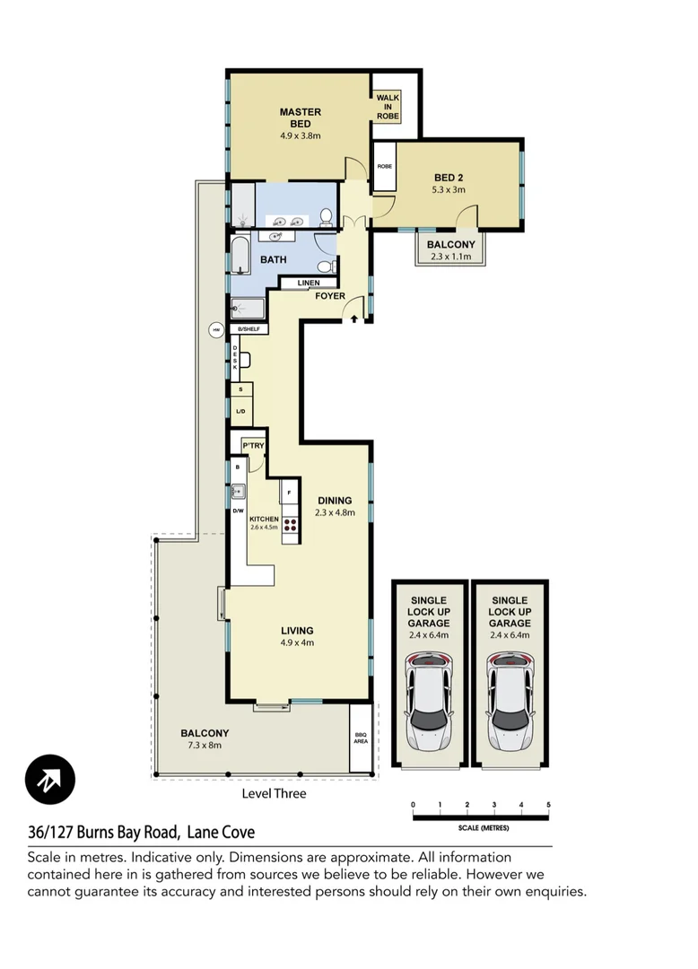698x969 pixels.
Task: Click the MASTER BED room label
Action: coord(300,118)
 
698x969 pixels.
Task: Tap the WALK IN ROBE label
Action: coord(387,107)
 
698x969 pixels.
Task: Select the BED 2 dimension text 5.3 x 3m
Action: coord(449,190)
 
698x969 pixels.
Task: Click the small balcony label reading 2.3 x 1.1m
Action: coord(450,258)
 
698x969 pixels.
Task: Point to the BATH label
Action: coord(274,260)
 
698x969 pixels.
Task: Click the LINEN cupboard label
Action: coord(309,284)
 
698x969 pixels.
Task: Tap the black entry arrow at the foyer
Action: coord(355,319)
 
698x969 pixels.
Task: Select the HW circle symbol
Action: coord(215,330)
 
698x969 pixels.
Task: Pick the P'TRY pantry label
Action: coord(252,446)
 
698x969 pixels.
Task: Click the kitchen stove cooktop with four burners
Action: coord(291,525)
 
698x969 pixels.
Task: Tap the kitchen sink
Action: coord(239,491)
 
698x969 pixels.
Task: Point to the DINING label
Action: coord(335,501)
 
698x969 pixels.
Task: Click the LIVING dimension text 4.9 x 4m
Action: coord(297,642)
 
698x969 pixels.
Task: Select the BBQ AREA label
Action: coord(361,738)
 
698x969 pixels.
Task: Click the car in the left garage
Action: coord(430,703)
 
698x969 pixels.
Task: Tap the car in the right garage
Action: coord(510,703)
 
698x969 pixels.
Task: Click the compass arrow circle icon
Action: coord(50,778)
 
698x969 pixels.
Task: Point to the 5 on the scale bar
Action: coord(547,805)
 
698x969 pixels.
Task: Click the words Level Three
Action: coord(274,793)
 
